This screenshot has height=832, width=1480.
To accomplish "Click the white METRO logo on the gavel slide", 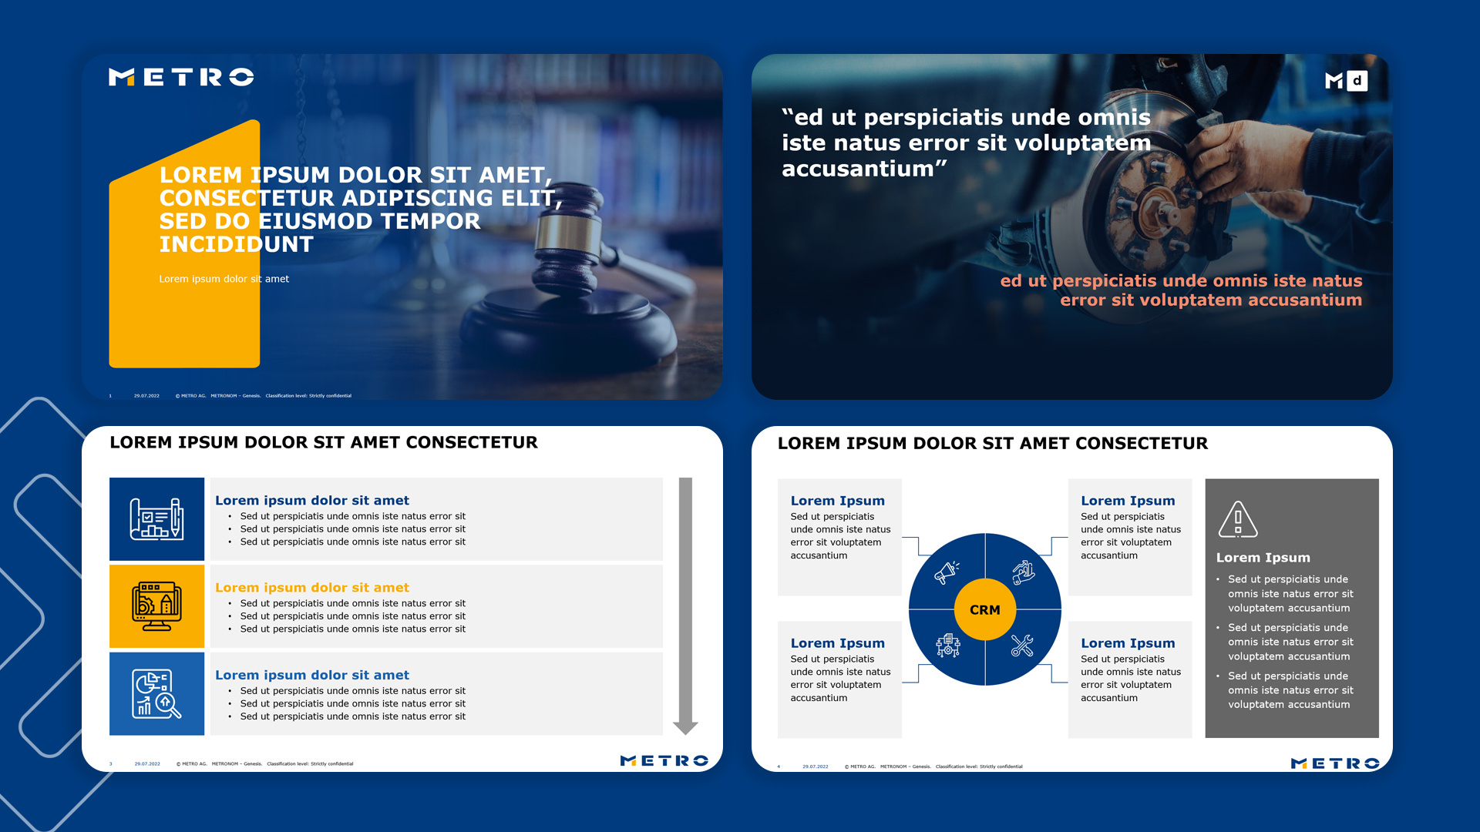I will point(181,77).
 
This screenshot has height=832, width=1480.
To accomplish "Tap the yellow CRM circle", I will point(984,609).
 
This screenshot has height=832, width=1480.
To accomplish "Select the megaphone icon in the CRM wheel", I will point(947,572).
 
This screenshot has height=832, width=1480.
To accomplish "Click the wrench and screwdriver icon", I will point(1022,646).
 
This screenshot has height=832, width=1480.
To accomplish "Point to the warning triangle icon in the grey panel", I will point(1237,519).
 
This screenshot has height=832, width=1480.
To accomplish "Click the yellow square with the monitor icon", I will point(156,606).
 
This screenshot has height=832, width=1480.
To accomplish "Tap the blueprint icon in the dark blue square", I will point(156,519).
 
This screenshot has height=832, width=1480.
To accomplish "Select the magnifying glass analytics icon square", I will point(156,693).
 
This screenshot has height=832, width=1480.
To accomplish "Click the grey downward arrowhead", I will point(685,727).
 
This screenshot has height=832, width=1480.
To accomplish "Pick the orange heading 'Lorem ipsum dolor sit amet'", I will point(311,588).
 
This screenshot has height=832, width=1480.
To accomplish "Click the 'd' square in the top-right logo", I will point(1357,81).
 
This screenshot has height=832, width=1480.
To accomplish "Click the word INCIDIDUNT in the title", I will point(236,245).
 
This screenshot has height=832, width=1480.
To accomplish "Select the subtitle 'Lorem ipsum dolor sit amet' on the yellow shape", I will point(224,279).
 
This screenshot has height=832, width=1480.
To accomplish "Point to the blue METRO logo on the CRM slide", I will point(1334,763).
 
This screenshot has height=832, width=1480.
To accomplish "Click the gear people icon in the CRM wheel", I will point(947,646).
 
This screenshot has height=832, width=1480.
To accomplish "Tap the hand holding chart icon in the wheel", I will point(1023,572).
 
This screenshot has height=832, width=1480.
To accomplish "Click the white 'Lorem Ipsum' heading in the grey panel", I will point(1263,558).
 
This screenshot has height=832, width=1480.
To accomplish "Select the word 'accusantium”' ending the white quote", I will point(864,169).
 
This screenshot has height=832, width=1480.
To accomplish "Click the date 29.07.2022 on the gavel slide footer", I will point(146,396).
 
